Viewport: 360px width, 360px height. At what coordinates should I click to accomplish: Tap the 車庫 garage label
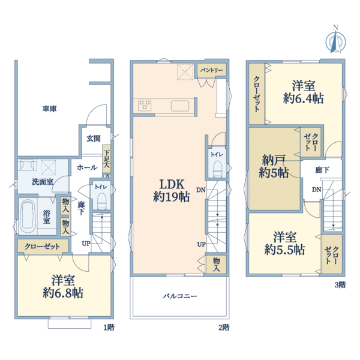point(50,109)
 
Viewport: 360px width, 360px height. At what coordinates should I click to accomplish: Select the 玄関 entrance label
point(94,139)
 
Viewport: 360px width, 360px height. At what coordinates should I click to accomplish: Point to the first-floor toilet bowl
point(102,200)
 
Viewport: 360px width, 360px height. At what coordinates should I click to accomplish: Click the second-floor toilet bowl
point(217,169)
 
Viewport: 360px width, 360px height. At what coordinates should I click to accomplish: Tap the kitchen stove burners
point(145,105)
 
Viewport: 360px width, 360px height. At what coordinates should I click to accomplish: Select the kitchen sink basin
point(180,106)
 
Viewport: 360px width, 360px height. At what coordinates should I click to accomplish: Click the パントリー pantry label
point(212,70)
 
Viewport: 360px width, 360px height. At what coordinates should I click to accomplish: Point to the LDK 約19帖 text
point(172,191)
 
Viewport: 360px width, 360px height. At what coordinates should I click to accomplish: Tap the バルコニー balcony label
point(180,296)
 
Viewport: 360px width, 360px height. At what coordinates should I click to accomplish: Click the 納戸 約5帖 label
point(274,166)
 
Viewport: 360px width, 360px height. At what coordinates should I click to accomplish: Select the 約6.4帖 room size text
point(303,99)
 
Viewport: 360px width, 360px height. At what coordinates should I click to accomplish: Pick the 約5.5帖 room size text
point(284,250)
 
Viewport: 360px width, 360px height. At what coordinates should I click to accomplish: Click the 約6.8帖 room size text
point(63,293)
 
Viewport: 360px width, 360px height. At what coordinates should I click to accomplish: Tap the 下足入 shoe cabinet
point(106,158)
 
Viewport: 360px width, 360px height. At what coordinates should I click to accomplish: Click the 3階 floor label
point(340,285)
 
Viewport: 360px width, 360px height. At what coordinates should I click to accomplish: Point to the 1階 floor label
point(109,328)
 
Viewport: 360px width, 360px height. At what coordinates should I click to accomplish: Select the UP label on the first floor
point(86,244)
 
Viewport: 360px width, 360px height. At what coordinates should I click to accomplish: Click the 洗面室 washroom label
point(43,182)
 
